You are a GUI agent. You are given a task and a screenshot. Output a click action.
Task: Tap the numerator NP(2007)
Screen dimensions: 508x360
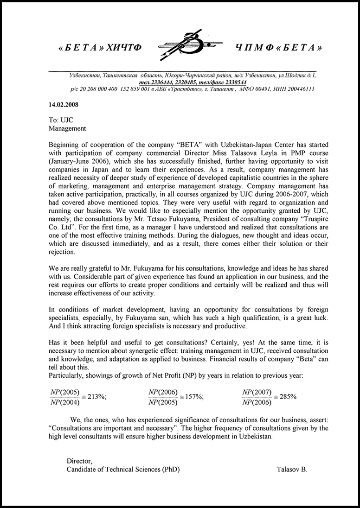coord(257,392)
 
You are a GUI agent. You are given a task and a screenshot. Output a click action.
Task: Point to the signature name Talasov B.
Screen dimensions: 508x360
coord(292,469)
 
